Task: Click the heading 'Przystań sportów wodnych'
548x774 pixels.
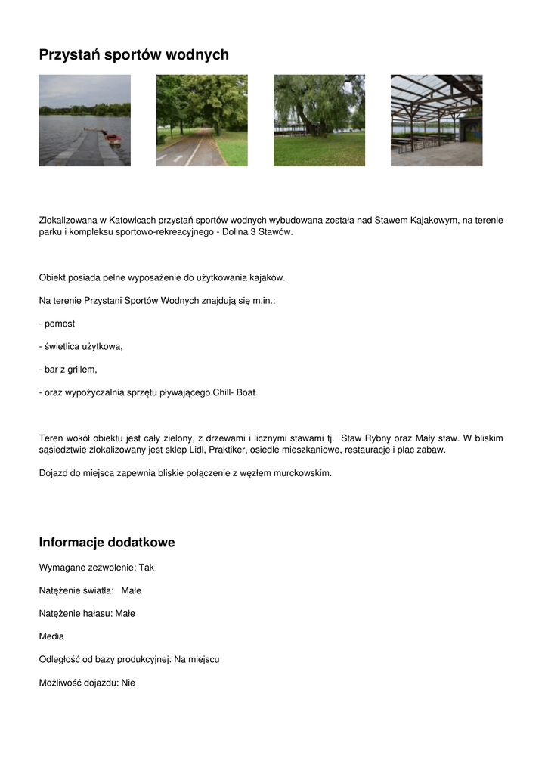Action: coord(134,54)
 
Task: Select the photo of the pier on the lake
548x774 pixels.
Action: coord(85,120)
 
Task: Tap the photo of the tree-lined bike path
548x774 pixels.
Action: coord(202,120)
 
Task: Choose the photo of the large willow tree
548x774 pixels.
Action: coord(319,120)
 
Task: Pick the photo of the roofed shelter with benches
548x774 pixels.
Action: coord(436,120)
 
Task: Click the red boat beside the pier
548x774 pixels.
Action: coord(113,138)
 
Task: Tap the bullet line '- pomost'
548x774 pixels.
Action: coord(57,324)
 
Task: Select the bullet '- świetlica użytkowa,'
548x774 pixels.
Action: coord(81,346)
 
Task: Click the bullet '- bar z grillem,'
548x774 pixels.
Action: coord(68,370)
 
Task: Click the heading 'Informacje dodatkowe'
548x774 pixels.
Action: coord(107,543)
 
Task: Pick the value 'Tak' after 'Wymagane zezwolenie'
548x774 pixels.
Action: coord(146,567)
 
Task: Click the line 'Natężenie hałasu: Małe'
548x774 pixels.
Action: coord(87,613)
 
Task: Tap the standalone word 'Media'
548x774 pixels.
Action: coord(51,636)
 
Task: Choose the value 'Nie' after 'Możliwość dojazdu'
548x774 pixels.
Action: coord(128,683)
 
